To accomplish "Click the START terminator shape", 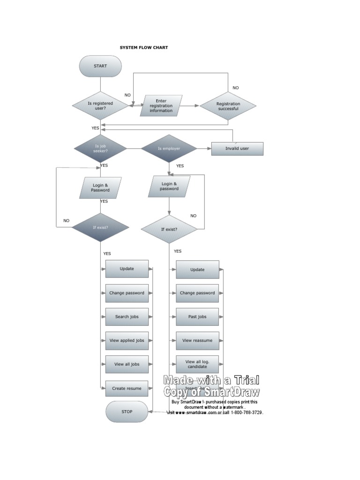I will pos(100,66).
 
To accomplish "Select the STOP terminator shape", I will pos(127,412).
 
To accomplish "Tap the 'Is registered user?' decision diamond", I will pos(100,105).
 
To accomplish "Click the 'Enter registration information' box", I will pos(161,105).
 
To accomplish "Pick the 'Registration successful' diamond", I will pos(228,106).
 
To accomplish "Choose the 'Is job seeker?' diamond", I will pos(100,149).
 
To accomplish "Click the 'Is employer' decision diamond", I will pos(169,149).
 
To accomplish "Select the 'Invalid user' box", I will pos(237,149).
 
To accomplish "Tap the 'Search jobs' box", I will pos(127,317).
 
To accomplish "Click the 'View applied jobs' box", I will pos(127,341).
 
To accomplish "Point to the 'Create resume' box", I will pos(127,388).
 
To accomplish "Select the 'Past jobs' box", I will pos(197,317).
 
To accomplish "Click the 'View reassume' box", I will pos(197,341).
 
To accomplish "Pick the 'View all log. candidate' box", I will pos(197,364).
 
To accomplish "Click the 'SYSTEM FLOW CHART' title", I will pos(144,48).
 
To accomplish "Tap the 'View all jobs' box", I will pos(127,364).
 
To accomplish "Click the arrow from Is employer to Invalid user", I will pos(204,149).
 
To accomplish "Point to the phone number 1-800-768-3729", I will pos(247,412).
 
